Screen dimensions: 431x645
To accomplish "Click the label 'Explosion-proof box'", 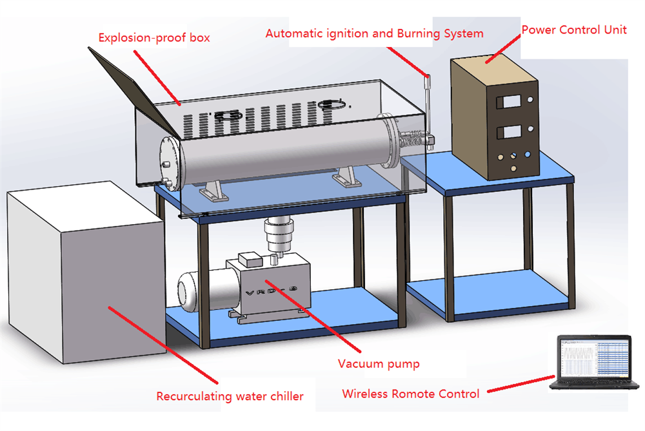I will click(154, 37).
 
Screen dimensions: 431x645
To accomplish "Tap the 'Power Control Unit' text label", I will click(573, 30).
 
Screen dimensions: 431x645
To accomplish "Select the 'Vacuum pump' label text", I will click(379, 364).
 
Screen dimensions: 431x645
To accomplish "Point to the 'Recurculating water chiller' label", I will click(230, 396).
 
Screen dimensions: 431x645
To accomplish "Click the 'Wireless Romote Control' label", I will click(411, 393).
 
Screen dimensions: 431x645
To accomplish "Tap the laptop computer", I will click(595, 364).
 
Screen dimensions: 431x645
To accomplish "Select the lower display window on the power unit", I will click(510, 134).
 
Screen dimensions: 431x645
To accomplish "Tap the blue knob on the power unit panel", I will click(528, 155).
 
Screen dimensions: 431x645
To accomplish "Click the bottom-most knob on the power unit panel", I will click(513, 169).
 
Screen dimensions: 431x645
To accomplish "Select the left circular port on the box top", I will click(229, 115).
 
